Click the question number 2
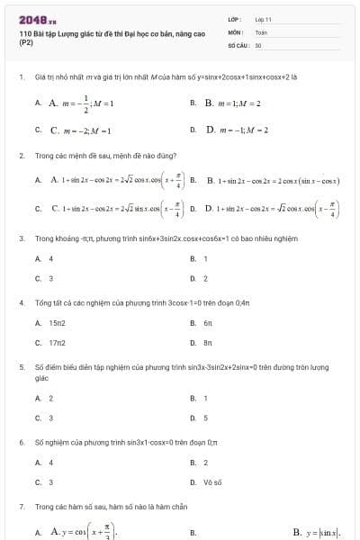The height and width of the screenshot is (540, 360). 21,156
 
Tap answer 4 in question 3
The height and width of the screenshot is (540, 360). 50,258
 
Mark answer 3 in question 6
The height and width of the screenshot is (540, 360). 50,482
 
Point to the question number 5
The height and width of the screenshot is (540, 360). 21,367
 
